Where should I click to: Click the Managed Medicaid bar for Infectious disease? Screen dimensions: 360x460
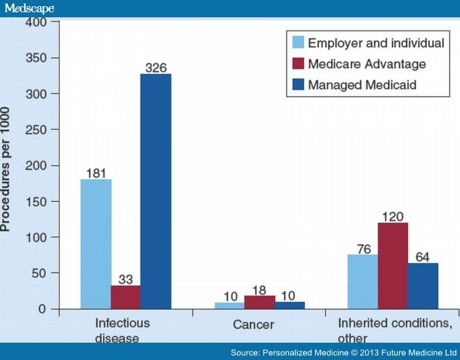pos(156,191)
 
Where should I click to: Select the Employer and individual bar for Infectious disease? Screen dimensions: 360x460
pos(96,244)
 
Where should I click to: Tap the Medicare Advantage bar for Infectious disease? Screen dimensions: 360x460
pos(125,297)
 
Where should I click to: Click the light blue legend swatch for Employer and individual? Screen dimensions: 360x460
pos(299,43)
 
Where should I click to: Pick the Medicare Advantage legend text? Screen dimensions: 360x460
pos(367,64)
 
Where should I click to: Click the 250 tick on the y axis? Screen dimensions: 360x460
pos(40,129)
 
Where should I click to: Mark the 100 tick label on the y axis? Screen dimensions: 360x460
pos(40,237)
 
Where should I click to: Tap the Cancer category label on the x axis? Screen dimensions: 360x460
pos(254,325)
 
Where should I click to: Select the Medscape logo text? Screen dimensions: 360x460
pos(28,8)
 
